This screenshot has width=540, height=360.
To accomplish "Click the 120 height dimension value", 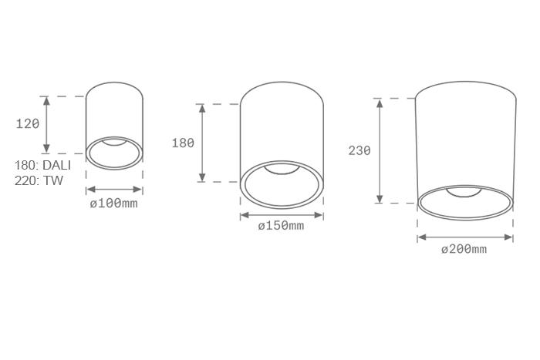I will pos(27,123).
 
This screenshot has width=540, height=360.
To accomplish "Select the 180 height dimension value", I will pos(183,143).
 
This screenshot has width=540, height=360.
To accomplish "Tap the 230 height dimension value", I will pos(359,151).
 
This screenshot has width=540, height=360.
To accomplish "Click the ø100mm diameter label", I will pos(113,204).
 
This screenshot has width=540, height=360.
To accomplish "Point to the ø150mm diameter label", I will pos(281,226).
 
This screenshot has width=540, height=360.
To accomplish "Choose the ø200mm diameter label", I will pos(464,249).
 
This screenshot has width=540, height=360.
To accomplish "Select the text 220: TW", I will pos(39,180).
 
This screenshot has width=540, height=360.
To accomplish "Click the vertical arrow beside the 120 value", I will pos(47,125).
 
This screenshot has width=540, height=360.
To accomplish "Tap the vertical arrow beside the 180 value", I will pos(202,143).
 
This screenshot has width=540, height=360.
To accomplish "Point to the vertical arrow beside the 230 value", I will pos(380,150).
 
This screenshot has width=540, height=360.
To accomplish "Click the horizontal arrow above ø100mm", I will pos(114,189).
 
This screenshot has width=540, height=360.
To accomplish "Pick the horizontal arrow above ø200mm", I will pos(465,237).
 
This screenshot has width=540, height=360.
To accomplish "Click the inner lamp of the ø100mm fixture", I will pos(114,142).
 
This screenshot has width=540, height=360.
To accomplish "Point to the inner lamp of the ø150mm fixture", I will pos(282,169).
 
